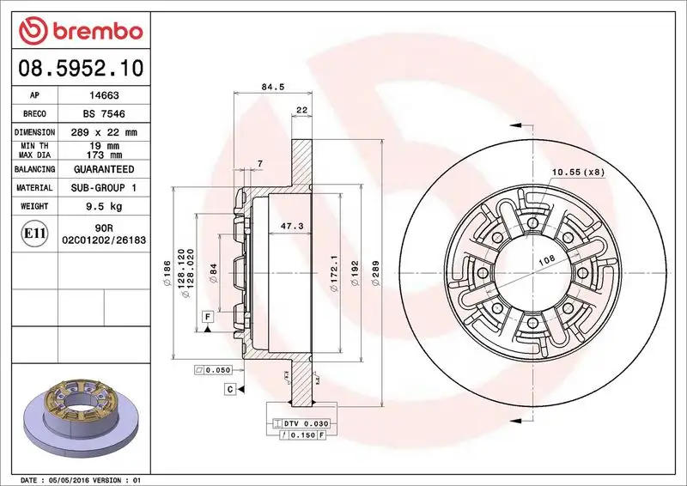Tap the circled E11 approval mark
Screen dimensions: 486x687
click(x=34, y=234)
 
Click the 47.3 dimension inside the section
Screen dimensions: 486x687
click(x=292, y=226)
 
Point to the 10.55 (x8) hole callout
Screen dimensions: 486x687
click(x=578, y=173)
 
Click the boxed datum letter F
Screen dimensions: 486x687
click(x=208, y=317)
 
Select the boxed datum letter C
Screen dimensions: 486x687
click(x=231, y=390)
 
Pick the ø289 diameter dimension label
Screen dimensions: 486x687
click(x=374, y=273)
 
